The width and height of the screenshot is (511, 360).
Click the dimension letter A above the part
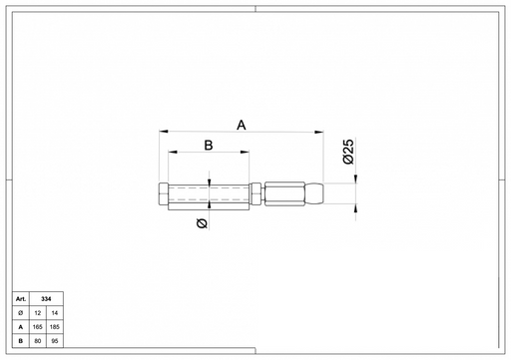click(x=242, y=126)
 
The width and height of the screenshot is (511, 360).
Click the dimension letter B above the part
click(x=209, y=146)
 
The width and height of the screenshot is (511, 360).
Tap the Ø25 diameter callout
click(x=348, y=152)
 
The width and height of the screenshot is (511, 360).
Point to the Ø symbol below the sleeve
click(x=202, y=223)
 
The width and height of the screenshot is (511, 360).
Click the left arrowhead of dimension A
click(x=164, y=132)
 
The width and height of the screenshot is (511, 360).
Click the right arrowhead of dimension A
click(x=319, y=132)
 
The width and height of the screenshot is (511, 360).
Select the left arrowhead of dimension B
click(x=173, y=153)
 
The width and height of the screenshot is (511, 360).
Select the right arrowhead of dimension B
click(x=245, y=153)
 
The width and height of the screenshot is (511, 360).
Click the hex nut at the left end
click(x=164, y=193)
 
